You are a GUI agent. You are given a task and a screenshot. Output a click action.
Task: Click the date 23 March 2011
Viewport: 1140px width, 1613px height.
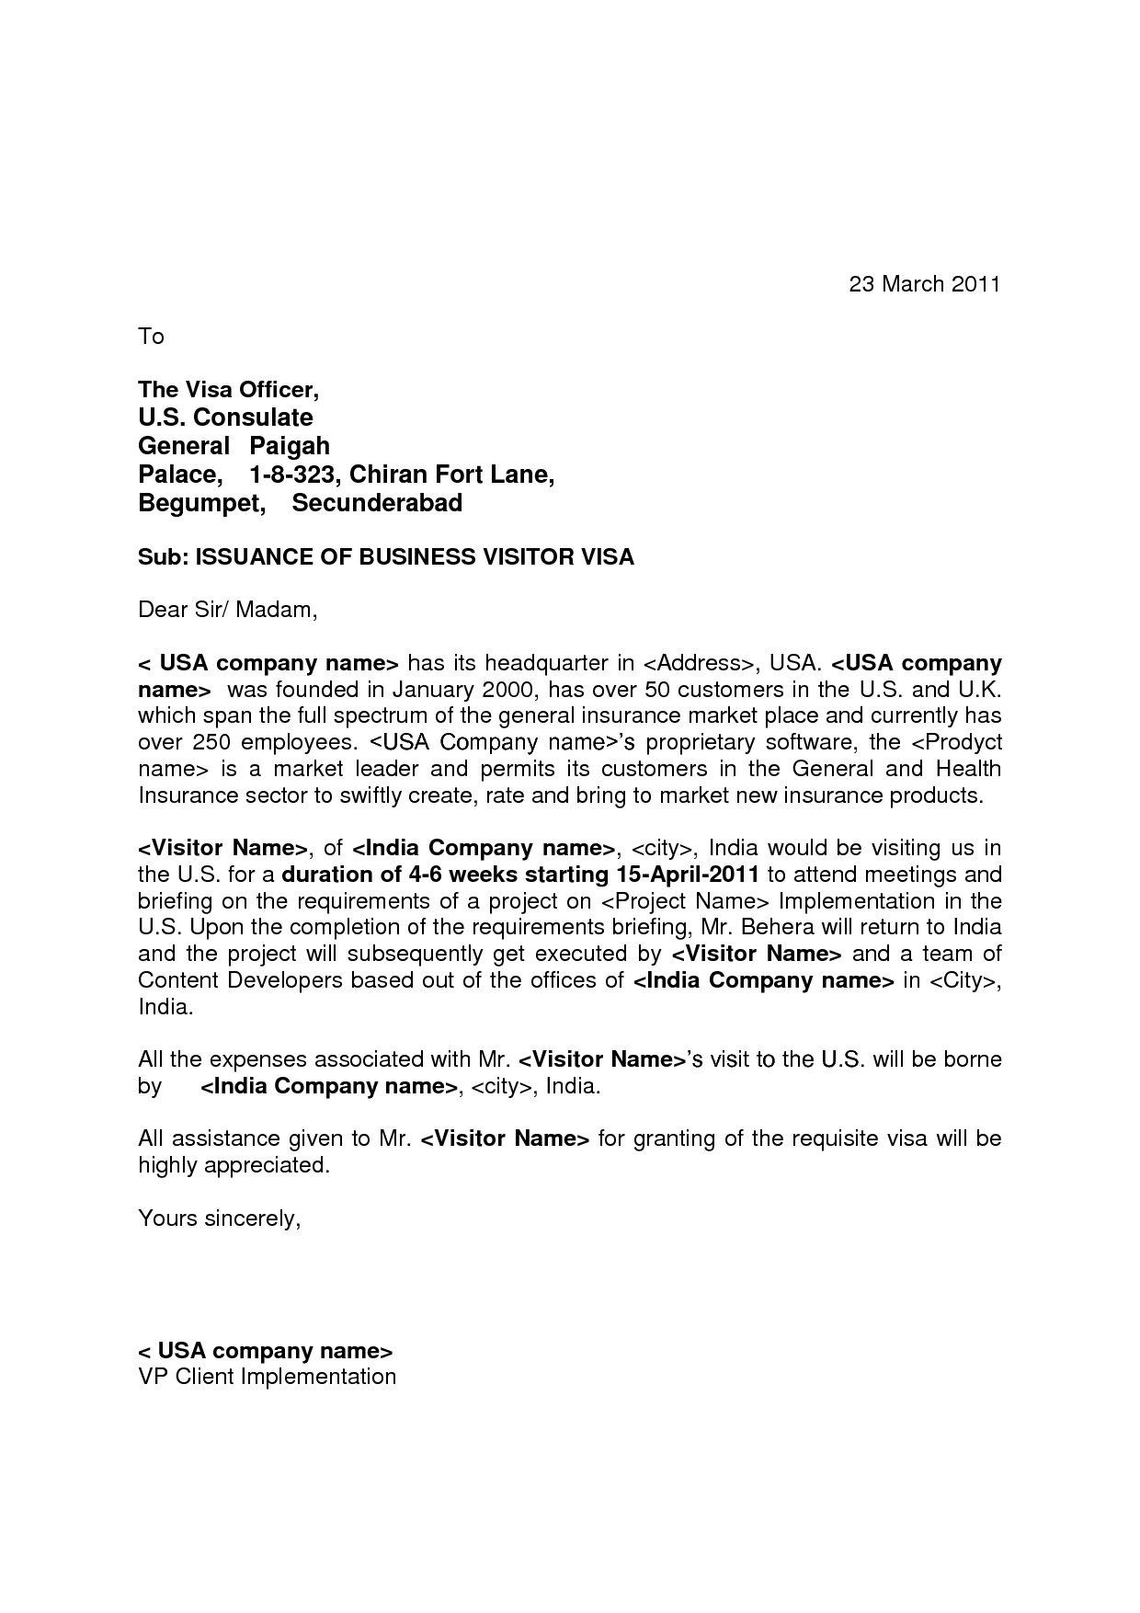(923, 284)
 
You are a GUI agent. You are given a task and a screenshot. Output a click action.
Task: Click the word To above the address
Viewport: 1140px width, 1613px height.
(151, 337)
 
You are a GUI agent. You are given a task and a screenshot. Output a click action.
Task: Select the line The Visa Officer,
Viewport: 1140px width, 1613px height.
(228, 390)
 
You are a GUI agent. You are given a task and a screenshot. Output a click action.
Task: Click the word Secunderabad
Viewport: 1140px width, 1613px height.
(377, 503)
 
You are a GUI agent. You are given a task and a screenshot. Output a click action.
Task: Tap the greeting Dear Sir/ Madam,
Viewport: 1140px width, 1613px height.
(227, 610)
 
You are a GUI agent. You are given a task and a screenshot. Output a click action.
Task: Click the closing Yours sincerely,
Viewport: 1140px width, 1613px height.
(220, 1218)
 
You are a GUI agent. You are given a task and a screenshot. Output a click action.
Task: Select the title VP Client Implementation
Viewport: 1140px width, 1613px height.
(267, 1377)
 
